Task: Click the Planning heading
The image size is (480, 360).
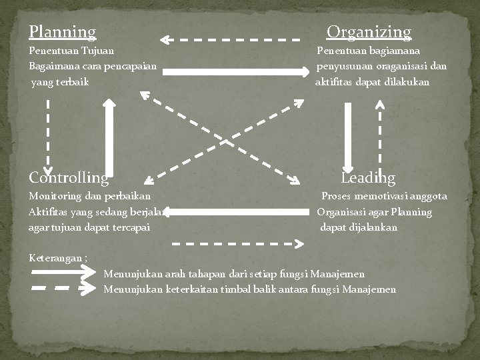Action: (x=63, y=32)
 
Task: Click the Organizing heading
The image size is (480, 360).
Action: (x=369, y=32)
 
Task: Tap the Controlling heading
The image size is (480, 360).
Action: (x=69, y=178)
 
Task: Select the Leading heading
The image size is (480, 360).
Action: (x=368, y=178)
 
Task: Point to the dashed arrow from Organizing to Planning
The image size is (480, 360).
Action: (x=230, y=40)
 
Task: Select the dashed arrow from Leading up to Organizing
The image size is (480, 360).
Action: (x=379, y=133)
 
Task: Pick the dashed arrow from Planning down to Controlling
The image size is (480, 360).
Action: (x=48, y=137)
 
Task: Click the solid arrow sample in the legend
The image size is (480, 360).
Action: (x=63, y=272)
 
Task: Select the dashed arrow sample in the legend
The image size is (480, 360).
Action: (x=63, y=289)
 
